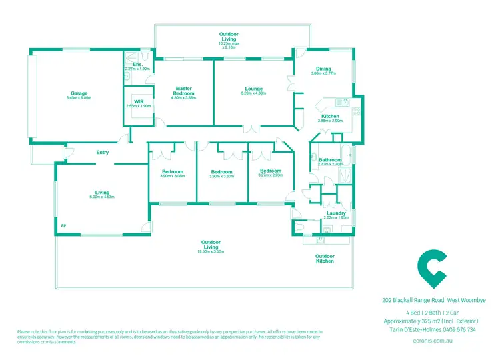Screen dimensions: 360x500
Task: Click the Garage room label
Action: [x=79, y=93]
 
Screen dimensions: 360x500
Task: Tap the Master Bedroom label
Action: [x=183, y=91]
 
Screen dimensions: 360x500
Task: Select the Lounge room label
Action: [x=253, y=89]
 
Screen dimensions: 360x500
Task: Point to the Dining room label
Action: [x=323, y=69]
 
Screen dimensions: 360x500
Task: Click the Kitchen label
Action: [x=330, y=116]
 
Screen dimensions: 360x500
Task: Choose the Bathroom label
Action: [x=330, y=160]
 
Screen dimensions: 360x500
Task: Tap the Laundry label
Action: [x=336, y=213]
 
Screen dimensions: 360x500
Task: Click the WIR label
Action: [x=139, y=101]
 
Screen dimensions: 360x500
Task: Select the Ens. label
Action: [x=137, y=65]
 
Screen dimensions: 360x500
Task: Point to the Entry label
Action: [x=102, y=153]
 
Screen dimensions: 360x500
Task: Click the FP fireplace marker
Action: [x=63, y=226]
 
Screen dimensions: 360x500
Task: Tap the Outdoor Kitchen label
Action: [x=325, y=258]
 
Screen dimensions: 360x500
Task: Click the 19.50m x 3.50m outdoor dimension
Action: [x=211, y=252]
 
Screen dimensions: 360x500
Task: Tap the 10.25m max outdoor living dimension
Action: [x=229, y=44]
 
